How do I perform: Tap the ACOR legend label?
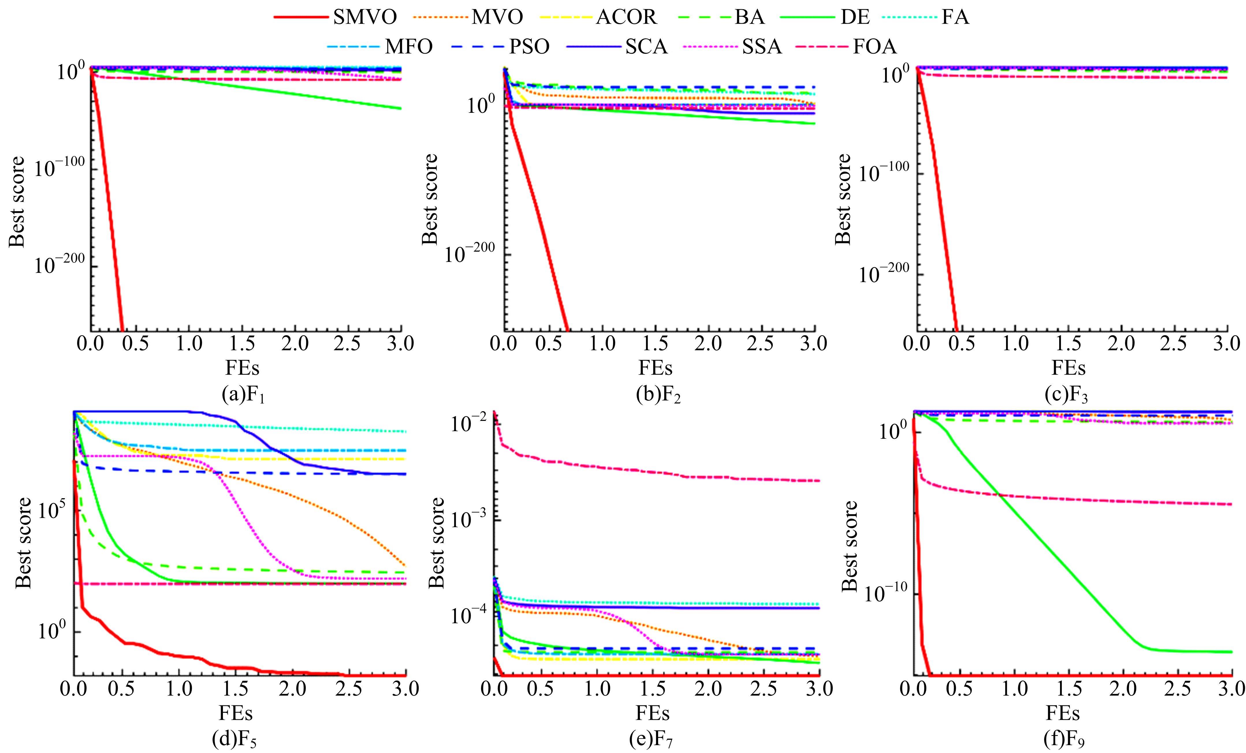(x=626, y=18)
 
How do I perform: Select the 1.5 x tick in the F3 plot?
(x=1068, y=344)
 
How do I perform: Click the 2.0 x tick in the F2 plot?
(x=708, y=344)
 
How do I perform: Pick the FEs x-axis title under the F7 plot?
(x=653, y=713)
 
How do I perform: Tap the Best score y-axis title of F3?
(x=843, y=200)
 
